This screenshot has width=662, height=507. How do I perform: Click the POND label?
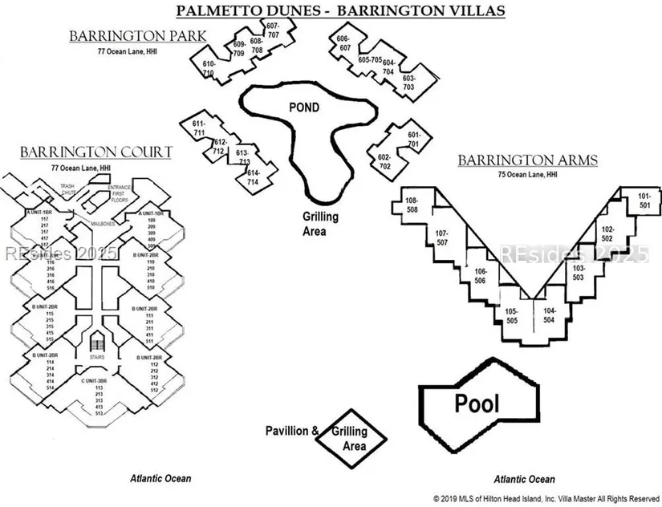(304, 107)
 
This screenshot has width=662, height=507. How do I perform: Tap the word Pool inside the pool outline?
(477, 403)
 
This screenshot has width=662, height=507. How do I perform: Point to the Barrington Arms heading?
(527, 160)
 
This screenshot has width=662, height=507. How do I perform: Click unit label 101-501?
(644, 201)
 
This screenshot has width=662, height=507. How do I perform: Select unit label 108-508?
(412, 205)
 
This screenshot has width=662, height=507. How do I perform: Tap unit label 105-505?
(511, 315)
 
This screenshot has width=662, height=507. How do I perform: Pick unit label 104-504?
(549, 315)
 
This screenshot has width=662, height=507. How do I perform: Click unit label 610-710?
(209, 68)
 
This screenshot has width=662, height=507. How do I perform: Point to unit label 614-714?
(253, 177)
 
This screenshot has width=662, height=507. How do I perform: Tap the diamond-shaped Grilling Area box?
(350, 437)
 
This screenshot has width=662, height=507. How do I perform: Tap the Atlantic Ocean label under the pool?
(524, 479)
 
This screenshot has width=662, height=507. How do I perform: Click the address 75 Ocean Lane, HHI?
(526, 174)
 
